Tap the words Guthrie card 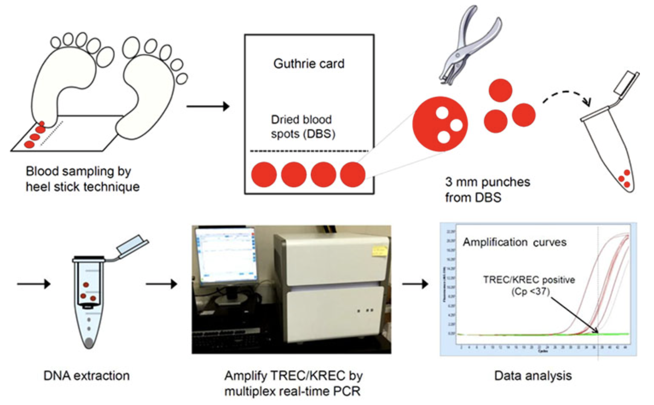pyautogui.click(x=309, y=64)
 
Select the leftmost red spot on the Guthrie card pyautogui.click(x=263, y=175)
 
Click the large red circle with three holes pyautogui.click(x=440, y=124)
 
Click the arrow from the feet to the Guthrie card pyautogui.click(x=208, y=106)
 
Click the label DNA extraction pyautogui.click(x=87, y=376)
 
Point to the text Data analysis pyautogui.click(x=532, y=376)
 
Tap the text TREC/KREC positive pyautogui.click(x=529, y=280)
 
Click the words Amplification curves pyautogui.click(x=515, y=243)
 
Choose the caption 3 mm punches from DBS pyautogui.click(x=487, y=190)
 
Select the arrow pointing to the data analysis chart pyautogui.click(x=415, y=283)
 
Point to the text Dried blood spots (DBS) pyautogui.click(x=303, y=127)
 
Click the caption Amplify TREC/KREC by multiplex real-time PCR pyautogui.click(x=293, y=383)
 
